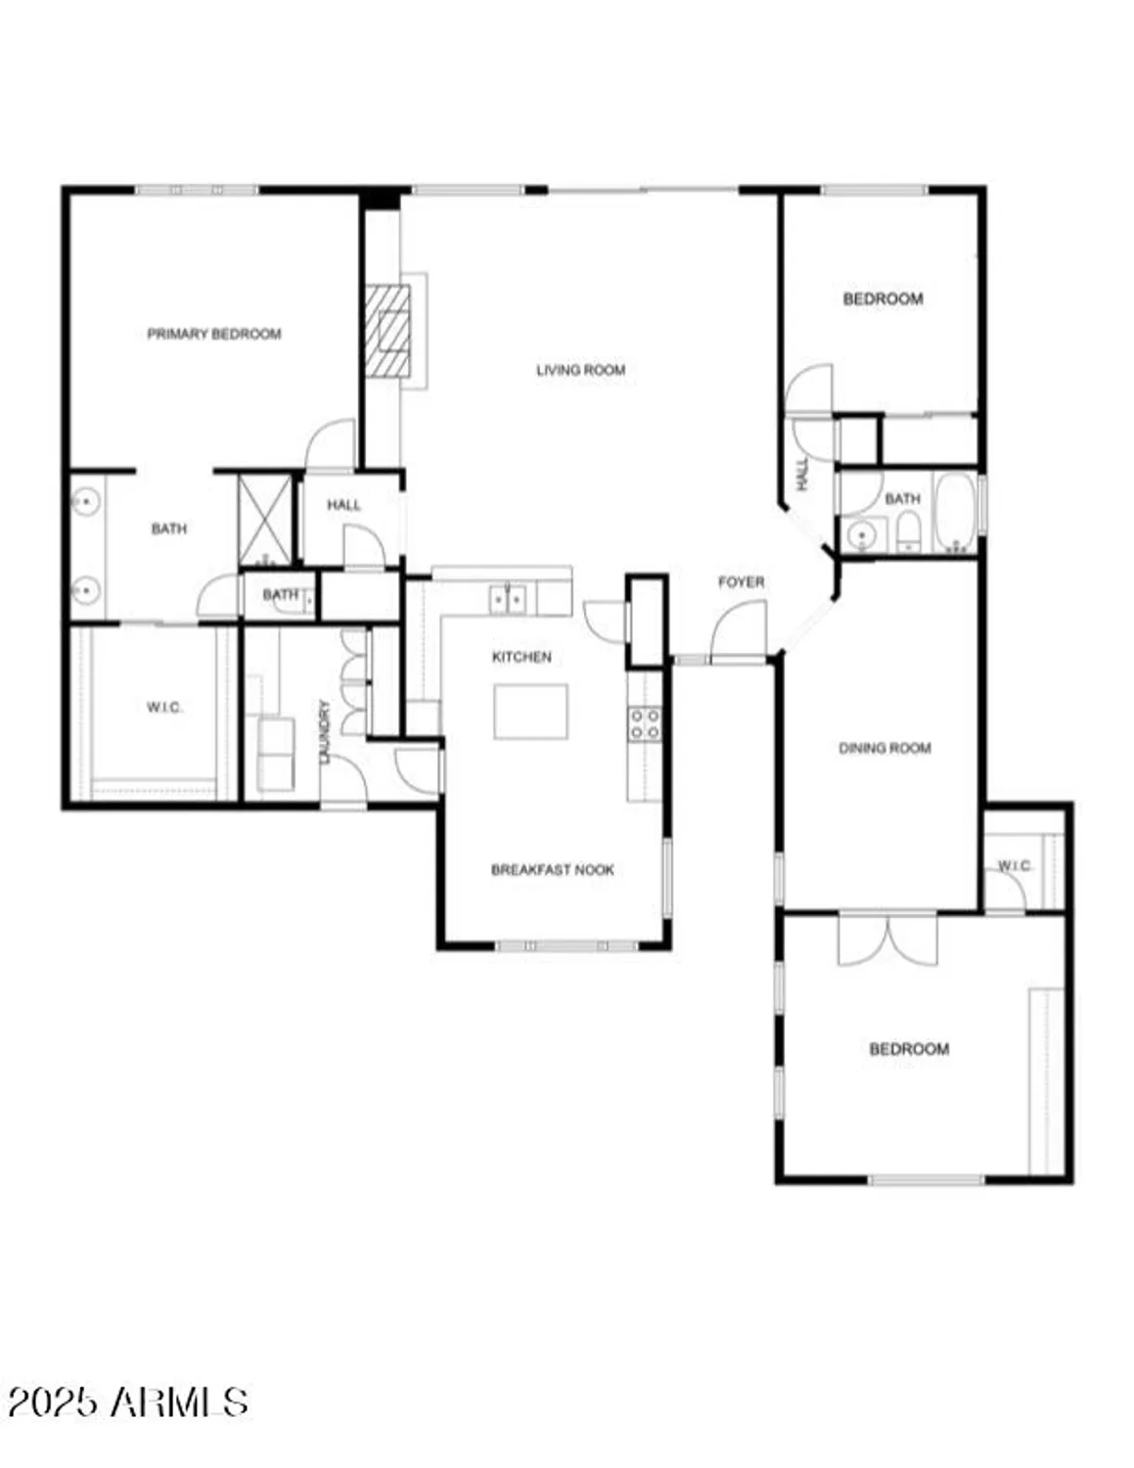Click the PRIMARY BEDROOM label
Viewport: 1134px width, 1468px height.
point(214,334)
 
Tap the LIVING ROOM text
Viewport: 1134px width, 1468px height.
point(580,370)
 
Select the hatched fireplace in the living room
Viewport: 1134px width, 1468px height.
point(387,331)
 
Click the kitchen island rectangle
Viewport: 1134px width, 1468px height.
point(530,711)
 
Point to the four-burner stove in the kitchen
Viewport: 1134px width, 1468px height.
point(644,724)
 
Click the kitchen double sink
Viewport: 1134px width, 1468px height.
point(508,598)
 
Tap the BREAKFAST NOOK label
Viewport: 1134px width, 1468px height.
point(553,869)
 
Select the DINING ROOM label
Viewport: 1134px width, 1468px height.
point(885,748)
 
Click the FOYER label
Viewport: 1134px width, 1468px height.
point(741,582)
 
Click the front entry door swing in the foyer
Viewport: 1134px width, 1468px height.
point(741,633)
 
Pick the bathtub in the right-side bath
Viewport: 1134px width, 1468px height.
point(955,515)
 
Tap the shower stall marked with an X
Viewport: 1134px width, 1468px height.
point(265,521)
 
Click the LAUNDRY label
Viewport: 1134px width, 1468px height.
point(326,730)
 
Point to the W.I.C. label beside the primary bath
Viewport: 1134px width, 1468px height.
point(164,708)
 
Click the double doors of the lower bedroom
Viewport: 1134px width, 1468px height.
point(887,940)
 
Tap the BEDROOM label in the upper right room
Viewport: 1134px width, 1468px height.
point(883,298)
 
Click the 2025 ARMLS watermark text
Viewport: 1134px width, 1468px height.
point(127,1401)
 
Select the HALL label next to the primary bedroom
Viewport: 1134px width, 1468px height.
point(343,505)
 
